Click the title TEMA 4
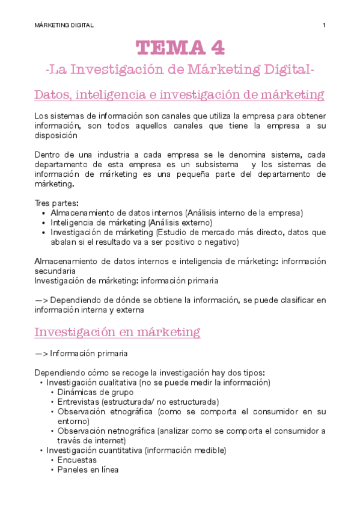click(x=180, y=47)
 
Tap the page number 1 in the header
click(x=324, y=25)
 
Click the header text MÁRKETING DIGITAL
click(x=64, y=25)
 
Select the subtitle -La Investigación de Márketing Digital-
click(x=180, y=70)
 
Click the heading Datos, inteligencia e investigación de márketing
click(x=180, y=95)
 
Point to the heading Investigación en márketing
click(x=117, y=332)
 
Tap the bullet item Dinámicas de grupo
click(x=96, y=392)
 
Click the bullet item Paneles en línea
click(x=88, y=470)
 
